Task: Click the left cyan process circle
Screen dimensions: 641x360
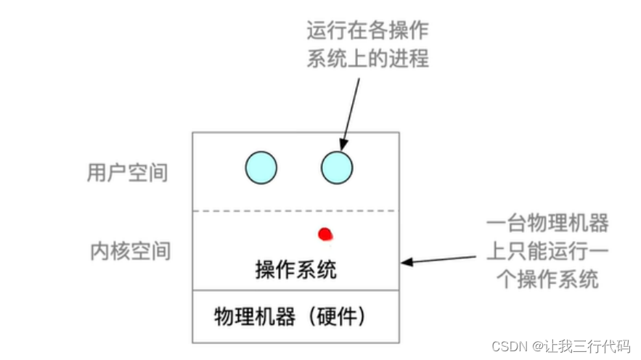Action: pos(261,167)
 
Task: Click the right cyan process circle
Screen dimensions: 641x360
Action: pos(337,167)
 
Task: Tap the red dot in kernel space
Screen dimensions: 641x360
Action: pos(325,234)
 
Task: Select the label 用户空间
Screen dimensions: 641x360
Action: pos(127,173)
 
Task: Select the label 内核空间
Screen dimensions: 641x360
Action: pos(130,250)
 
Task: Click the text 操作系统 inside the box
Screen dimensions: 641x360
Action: pos(296,270)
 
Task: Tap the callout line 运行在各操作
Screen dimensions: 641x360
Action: pos(368,31)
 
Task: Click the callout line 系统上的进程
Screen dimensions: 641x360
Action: pos(368,58)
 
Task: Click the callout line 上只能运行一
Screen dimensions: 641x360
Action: pos(547,251)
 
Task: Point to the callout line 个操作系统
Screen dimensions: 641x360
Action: pos(547,279)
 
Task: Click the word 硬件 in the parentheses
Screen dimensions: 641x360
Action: pos(336,316)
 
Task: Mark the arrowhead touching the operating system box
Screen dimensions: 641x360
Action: pos(406,261)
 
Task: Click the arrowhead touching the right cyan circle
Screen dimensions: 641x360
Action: pos(343,146)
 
